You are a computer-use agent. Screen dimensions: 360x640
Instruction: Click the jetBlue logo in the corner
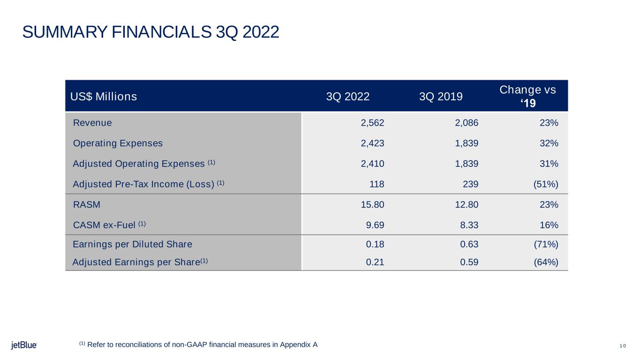pos(24,345)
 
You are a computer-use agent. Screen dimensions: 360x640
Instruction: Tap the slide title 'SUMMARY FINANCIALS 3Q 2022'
pos(151,32)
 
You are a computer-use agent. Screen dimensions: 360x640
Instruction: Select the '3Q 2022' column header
pos(347,97)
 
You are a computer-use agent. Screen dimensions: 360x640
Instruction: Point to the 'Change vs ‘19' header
pos(527,96)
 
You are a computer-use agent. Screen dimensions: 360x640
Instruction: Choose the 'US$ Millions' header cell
pos(104,97)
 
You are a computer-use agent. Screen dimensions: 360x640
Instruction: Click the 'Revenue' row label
pos(92,123)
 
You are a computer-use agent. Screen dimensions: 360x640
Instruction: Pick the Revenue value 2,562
pos(372,123)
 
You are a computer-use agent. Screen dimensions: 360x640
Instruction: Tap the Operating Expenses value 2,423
pos(372,143)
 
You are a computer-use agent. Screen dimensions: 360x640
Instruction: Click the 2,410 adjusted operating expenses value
pos(372,164)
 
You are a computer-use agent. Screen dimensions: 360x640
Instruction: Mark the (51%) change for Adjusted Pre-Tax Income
pos(546,184)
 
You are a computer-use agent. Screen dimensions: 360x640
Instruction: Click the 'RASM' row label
pos(87,205)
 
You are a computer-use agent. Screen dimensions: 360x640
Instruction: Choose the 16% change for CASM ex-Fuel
pos(549,225)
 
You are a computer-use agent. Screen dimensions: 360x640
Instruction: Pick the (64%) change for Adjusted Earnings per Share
pos(546,262)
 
